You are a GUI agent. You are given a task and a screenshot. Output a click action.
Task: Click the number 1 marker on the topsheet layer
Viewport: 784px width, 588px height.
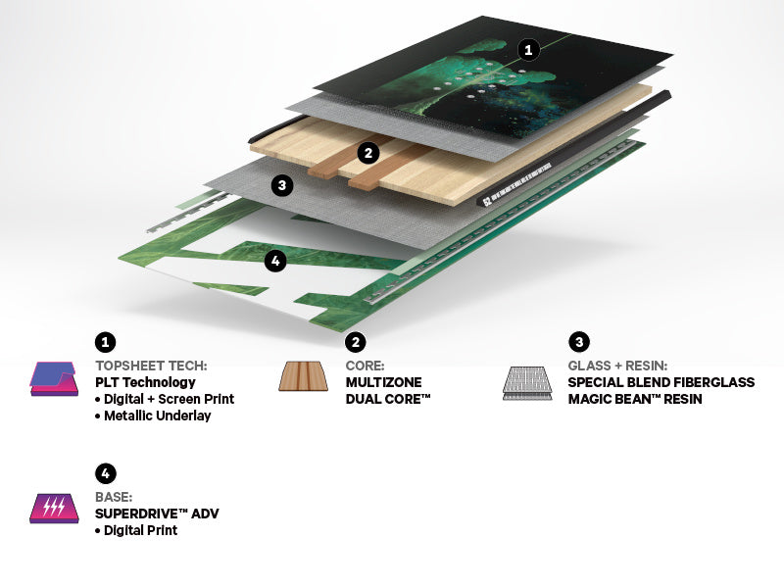point(528,50)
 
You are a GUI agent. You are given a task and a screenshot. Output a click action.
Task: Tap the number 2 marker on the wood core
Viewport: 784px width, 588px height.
point(368,153)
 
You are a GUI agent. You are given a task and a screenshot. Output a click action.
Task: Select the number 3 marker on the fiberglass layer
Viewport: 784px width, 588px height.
point(282,185)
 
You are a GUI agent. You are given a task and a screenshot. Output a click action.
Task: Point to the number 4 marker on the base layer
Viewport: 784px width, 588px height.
point(275,261)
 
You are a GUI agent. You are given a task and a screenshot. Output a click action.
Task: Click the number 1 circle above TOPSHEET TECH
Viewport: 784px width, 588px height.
point(105,342)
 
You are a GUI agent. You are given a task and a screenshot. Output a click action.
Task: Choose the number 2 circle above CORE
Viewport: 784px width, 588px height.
point(356,342)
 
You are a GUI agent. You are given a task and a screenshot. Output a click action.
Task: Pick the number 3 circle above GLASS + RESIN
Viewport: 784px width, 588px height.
point(579,342)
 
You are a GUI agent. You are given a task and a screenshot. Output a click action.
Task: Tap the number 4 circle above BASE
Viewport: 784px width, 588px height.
point(105,473)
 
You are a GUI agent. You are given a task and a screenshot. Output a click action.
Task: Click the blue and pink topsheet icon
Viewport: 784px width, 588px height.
point(54,379)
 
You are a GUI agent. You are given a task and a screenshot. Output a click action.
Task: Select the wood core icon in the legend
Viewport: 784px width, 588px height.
point(304,376)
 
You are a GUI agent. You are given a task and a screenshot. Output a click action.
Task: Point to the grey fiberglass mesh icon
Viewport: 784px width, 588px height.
point(527,383)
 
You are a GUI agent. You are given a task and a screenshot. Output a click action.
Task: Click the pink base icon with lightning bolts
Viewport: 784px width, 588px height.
point(54,509)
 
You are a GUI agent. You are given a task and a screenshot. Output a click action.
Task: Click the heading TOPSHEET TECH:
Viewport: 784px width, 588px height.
point(151,366)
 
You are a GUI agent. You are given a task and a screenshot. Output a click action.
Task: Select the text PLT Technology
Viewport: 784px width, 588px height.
point(145,382)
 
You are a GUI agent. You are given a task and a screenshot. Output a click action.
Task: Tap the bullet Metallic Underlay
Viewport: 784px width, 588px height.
point(153,416)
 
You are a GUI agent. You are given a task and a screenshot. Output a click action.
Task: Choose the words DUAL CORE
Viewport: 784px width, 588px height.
point(388,399)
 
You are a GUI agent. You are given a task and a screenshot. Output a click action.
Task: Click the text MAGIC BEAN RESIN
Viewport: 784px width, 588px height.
point(635,399)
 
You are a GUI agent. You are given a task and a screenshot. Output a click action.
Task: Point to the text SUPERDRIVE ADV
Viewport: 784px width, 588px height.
point(157,514)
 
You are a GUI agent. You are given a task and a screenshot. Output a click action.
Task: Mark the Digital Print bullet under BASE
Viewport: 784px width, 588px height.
point(136,530)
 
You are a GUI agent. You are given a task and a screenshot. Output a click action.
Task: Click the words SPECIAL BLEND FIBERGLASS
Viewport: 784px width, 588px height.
point(661,382)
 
